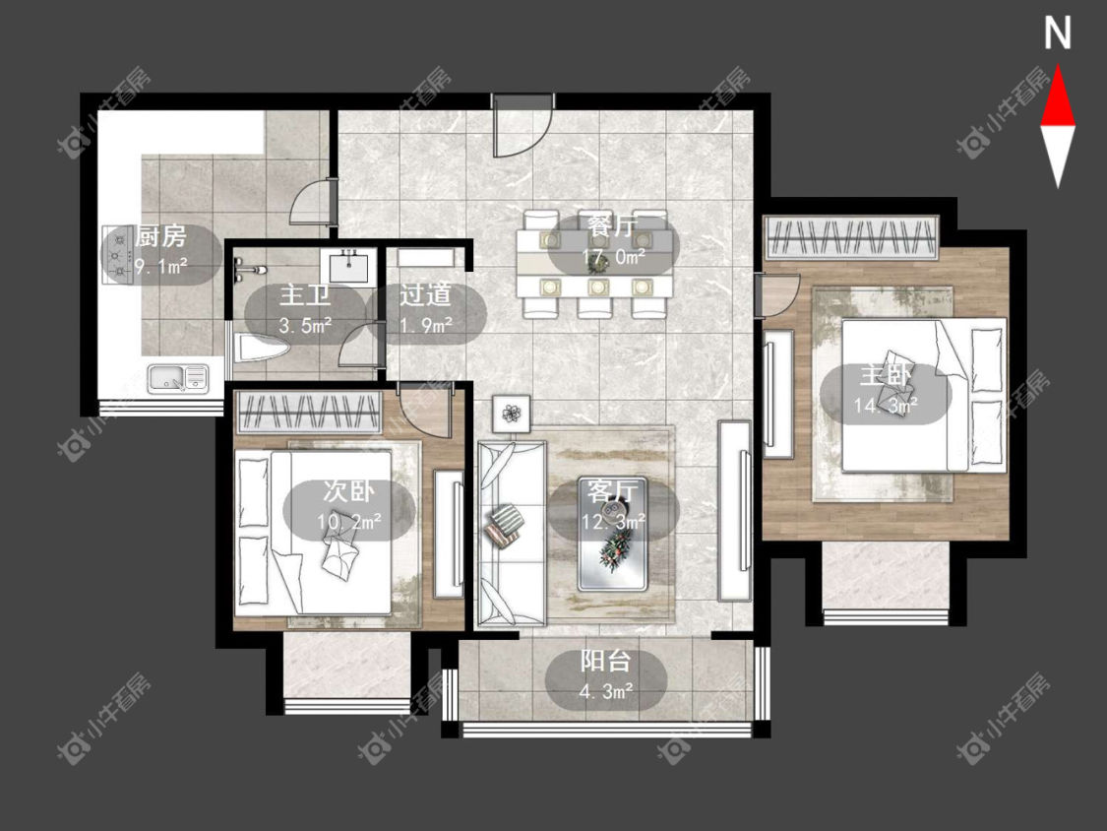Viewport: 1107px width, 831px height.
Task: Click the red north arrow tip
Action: [x=1058, y=66]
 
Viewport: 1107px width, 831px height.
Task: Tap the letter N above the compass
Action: [x=1058, y=33]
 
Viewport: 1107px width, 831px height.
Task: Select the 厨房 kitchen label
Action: [x=161, y=236]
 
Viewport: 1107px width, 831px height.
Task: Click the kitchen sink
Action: [x=178, y=378]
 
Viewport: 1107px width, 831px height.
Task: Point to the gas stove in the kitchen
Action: [x=119, y=254]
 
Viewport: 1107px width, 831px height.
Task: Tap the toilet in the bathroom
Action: [x=261, y=349]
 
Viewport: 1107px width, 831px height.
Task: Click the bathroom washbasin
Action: [x=347, y=268]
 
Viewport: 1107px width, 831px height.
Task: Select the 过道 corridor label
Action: [x=425, y=294]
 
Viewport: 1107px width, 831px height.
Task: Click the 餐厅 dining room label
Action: [x=612, y=226]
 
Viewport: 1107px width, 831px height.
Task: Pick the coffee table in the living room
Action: [x=613, y=535]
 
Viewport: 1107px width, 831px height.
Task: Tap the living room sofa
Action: [x=511, y=535]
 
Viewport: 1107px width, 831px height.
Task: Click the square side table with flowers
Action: [x=512, y=412]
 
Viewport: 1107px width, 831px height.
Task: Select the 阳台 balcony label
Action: [x=606, y=662]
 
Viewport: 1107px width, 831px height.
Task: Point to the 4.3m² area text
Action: [x=606, y=691]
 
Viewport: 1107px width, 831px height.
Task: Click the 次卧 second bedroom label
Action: [x=348, y=490]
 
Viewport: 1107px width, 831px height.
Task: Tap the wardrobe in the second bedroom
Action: [x=308, y=412]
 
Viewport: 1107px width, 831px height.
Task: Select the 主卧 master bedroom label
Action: [x=886, y=375]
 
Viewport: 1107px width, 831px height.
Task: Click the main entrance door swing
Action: [x=523, y=127]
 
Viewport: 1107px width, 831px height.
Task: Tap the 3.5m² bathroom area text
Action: [x=306, y=325]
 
